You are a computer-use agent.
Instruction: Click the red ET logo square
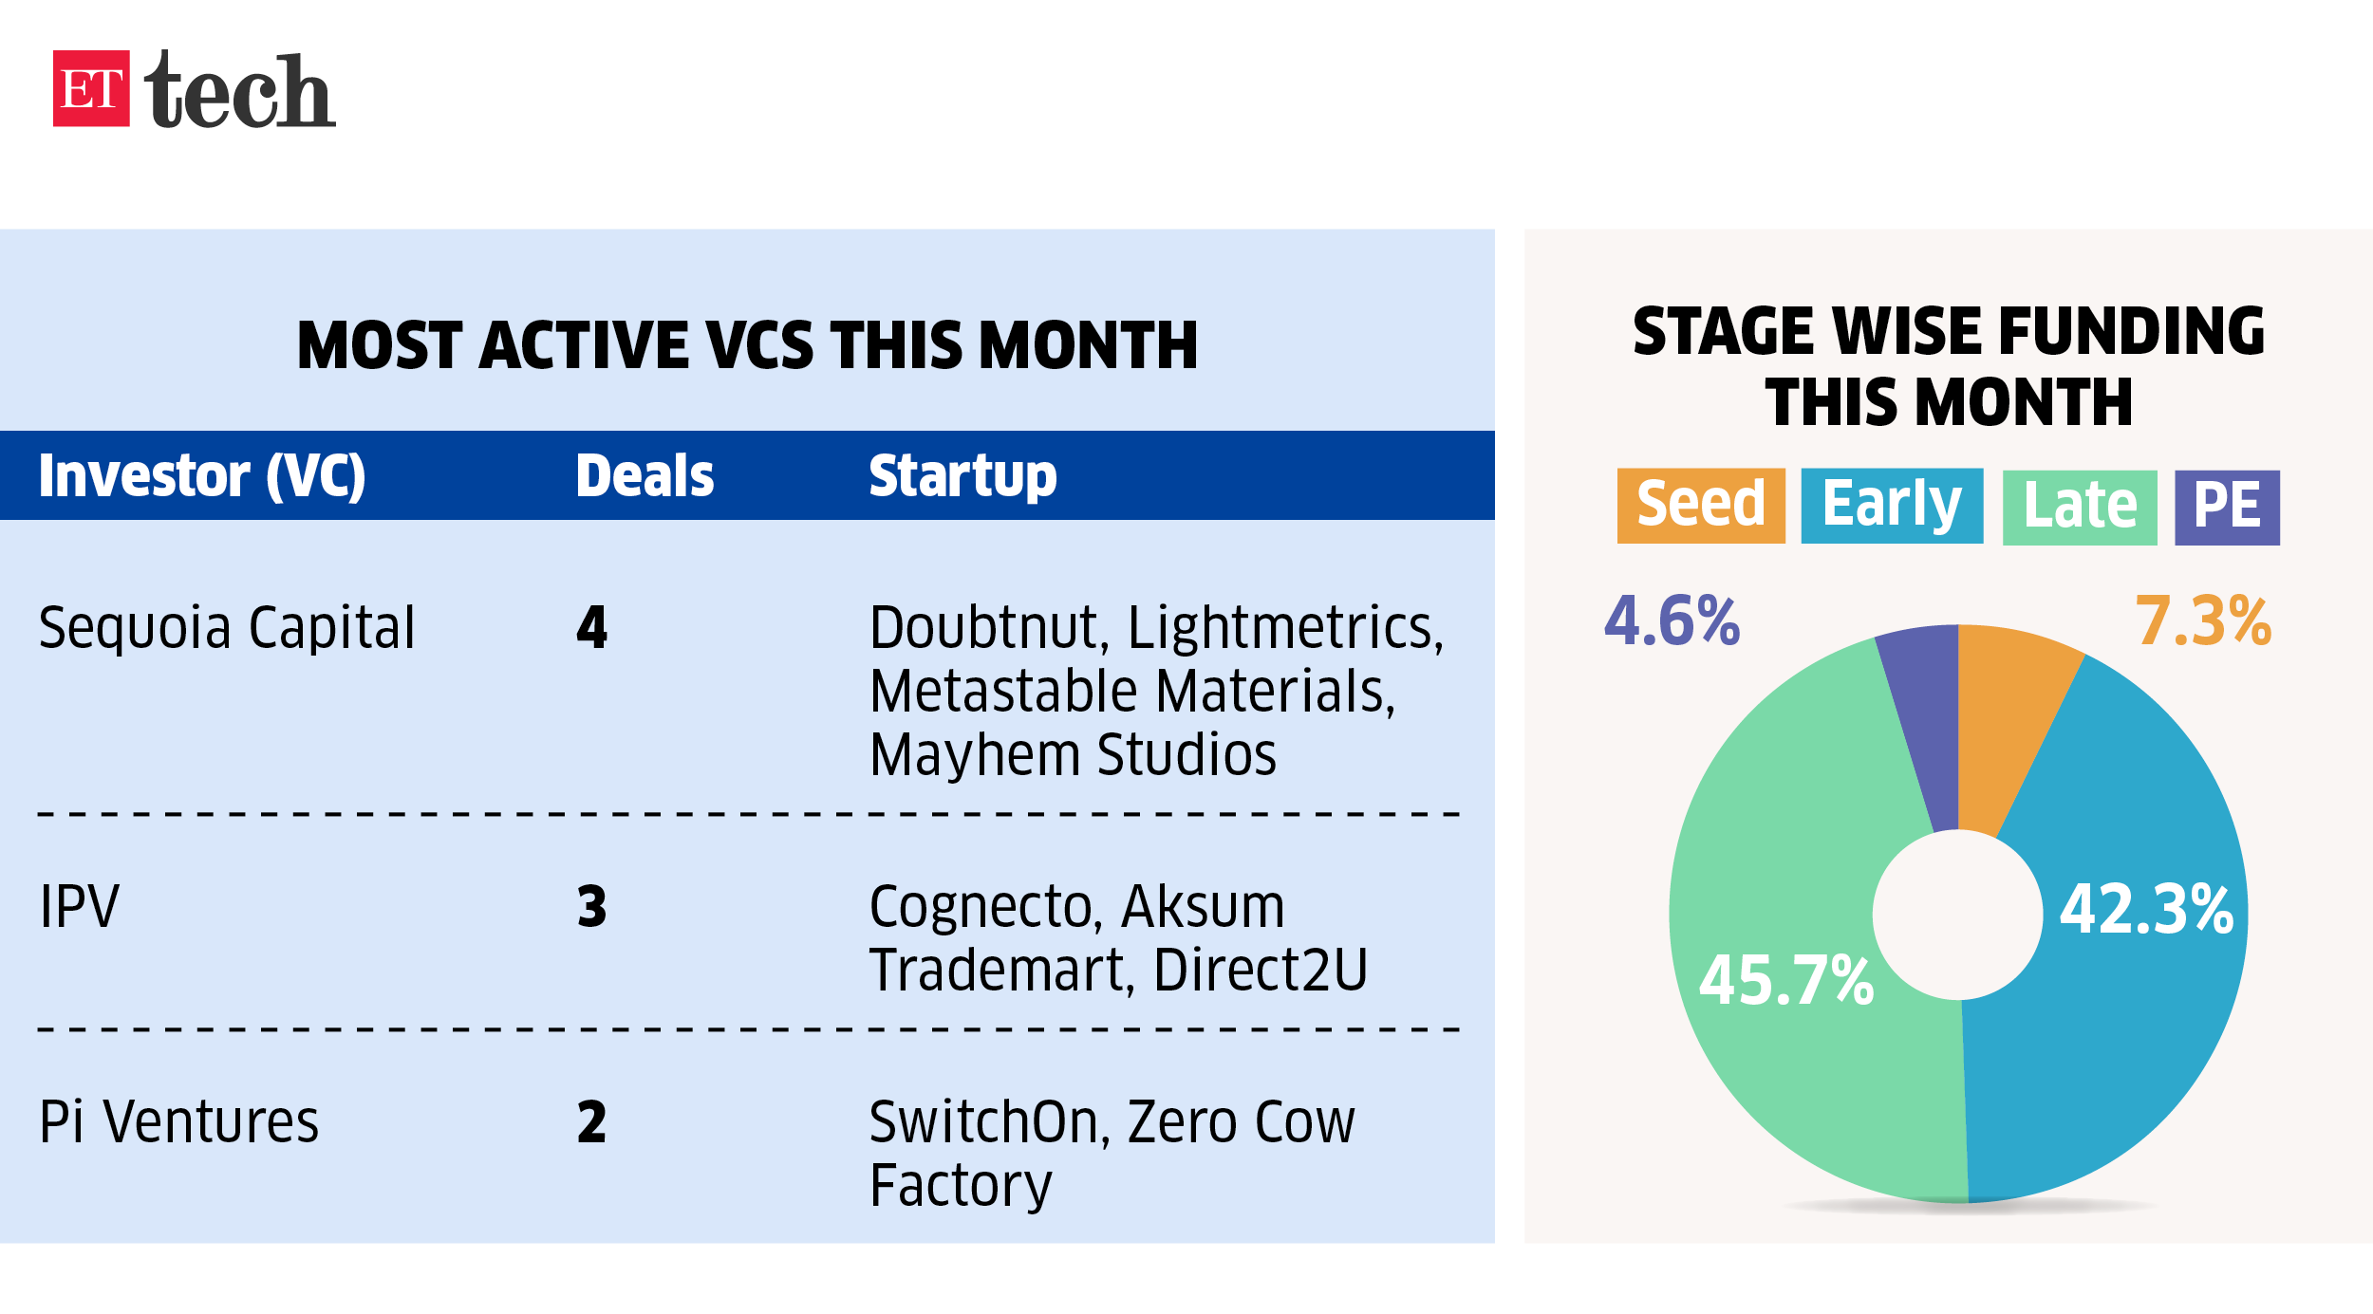(x=91, y=88)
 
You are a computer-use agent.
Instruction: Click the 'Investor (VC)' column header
(x=202, y=475)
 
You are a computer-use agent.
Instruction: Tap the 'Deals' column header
(x=645, y=475)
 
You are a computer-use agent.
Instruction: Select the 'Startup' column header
(x=962, y=477)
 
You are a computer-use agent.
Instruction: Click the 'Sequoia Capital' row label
(x=227, y=627)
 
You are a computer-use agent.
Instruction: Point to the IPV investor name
(x=79, y=906)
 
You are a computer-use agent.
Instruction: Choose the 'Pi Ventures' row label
(x=178, y=1121)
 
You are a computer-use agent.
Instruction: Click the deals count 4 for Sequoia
(x=591, y=627)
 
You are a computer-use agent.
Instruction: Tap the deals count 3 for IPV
(x=591, y=906)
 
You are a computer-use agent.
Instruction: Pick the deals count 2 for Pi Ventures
(x=591, y=1121)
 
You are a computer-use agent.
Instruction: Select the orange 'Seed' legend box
(x=1701, y=506)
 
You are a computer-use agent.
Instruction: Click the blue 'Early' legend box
(x=1892, y=506)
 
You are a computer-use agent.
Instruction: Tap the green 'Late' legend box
(x=2080, y=508)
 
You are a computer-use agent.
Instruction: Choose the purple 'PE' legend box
(x=2227, y=508)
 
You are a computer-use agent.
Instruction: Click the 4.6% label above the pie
(x=1672, y=621)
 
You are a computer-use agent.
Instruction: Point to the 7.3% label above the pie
(x=2203, y=621)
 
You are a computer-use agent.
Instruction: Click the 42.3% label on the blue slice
(x=2146, y=909)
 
